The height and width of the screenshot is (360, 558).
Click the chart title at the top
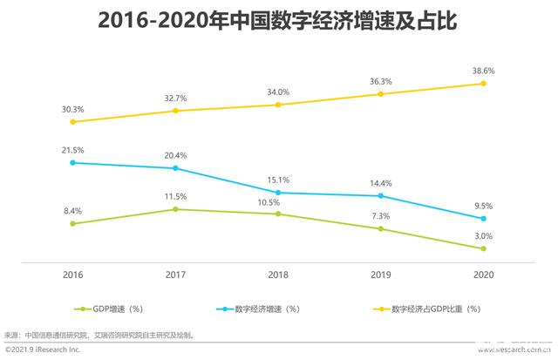(279, 19)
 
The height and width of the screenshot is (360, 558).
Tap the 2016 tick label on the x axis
(74, 275)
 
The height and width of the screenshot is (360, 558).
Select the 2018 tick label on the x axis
(278, 275)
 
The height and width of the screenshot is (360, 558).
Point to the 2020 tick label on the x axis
(483, 275)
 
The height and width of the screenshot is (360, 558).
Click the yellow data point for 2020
(483, 84)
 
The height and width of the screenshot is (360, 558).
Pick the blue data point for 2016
(74, 162)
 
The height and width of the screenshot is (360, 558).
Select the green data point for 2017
(176, 209)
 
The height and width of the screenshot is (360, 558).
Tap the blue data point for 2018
(278, 193)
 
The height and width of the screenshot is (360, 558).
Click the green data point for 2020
(483, 248)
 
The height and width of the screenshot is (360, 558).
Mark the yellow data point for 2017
(176, 111)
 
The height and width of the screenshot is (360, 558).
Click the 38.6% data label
(482, 68)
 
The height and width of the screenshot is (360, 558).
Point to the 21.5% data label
(73, 149)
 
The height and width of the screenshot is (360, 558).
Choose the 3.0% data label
(482, 235)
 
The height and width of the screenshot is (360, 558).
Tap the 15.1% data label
(277, 180)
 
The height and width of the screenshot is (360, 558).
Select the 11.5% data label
(176, 196)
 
